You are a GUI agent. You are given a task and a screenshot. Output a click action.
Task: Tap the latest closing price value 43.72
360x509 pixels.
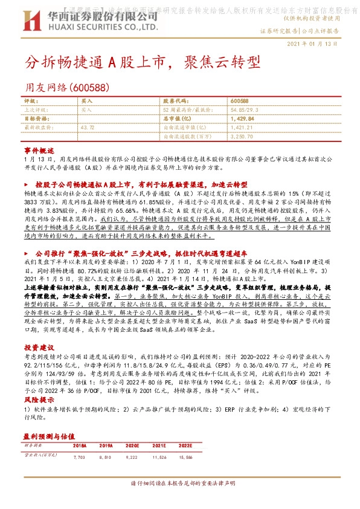click(x=87, y=128)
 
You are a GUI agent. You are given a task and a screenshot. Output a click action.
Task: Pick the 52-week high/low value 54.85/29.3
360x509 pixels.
click(x=246, y=110)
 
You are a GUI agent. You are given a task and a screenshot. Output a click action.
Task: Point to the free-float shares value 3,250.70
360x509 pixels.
click(x=243, y=137)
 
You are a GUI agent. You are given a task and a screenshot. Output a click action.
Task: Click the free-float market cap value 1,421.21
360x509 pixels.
click(x=243, y=128)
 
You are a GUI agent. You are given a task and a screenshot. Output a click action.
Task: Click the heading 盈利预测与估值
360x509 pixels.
click(x=48, y=435)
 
